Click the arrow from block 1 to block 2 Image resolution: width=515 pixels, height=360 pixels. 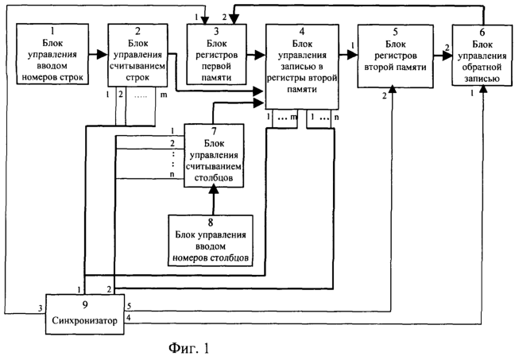click(x=98, y=55)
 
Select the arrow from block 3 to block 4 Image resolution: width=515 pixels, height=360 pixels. click(x=256, y=55)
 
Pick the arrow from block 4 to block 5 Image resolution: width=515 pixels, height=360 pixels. click(x=347, y=55)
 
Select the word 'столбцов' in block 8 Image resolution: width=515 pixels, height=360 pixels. click(x=230, y=258)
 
